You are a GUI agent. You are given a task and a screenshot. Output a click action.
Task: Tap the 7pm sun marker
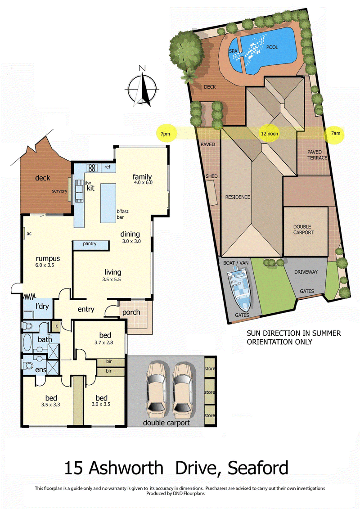(x=165, y=133)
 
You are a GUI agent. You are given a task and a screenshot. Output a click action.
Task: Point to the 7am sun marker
(x=335, y=134)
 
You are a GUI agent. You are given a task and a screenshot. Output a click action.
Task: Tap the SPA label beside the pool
(x=233, y=51)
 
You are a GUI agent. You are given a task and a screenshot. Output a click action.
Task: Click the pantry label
(x=90, y=244)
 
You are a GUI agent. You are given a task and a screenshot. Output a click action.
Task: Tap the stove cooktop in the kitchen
(x=92, y=167)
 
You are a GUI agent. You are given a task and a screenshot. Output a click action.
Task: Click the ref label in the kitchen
(x=107, y=167)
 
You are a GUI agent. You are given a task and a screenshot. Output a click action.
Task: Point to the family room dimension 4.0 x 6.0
(x=143, y=183)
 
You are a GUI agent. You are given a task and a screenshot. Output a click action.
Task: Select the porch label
(x=131, y=312)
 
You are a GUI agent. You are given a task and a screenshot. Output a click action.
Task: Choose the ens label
(x=41, y=370)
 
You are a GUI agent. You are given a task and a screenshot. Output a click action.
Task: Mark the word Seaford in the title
(x=258, y=468)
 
